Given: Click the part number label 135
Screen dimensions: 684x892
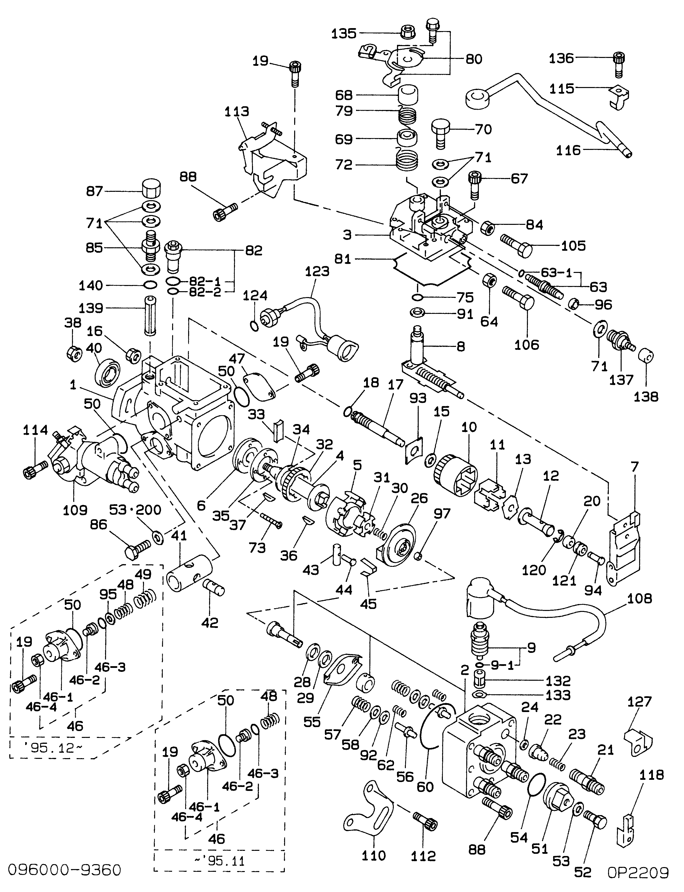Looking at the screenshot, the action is [344, 33].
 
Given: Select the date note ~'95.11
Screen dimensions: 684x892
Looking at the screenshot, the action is [219, 861].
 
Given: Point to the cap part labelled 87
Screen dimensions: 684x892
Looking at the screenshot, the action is [151, 189].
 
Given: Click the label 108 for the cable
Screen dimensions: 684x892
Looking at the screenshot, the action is [639, 598].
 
